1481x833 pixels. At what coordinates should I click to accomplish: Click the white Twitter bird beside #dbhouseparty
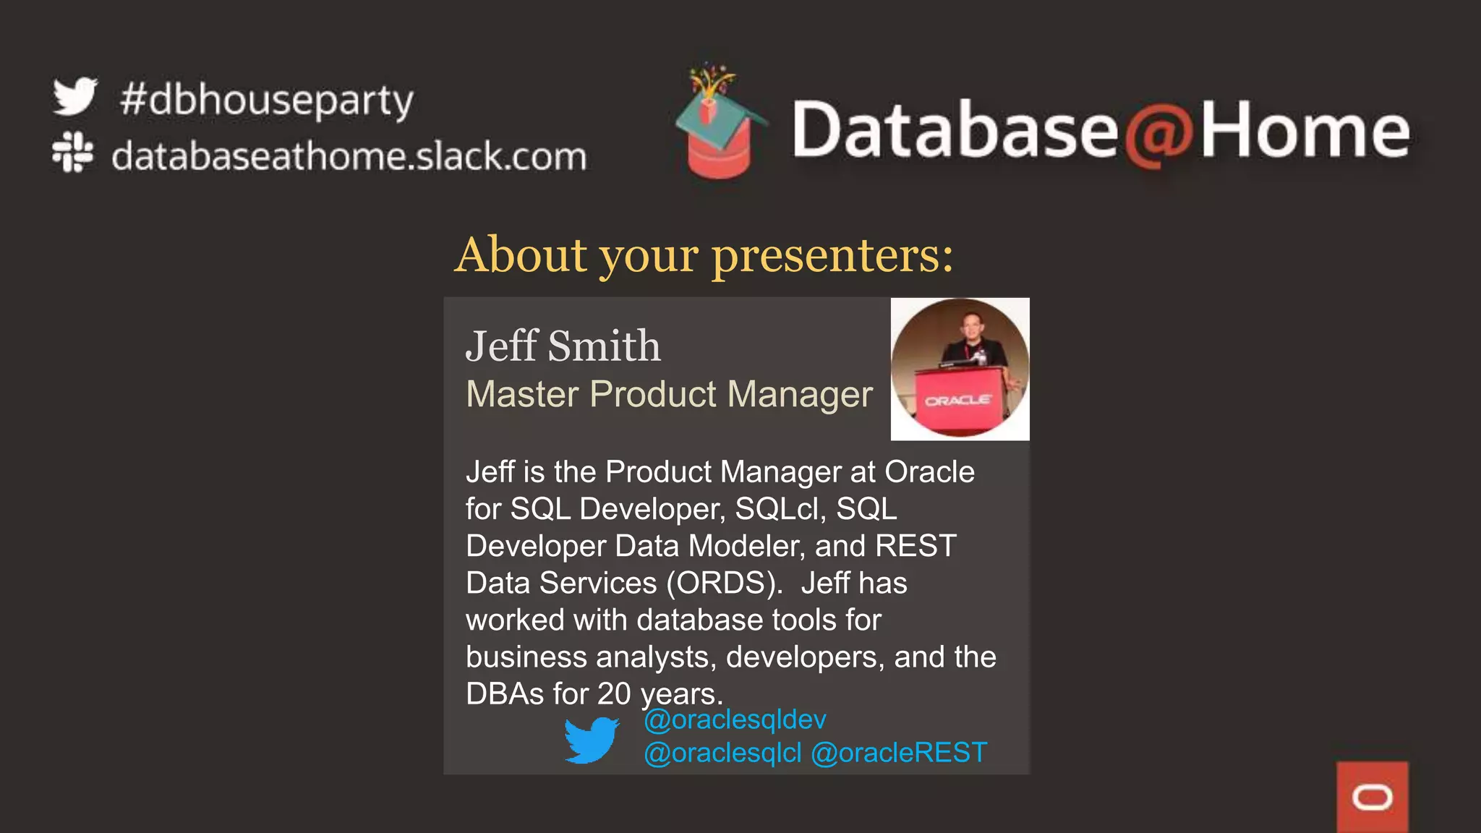pyautogui.click(x=74, y=96)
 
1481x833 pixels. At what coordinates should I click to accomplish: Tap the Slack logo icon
pyautogui.click(x=72, y=152)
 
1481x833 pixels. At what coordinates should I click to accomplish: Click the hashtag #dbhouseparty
pyautogui.click(x=266, y=100)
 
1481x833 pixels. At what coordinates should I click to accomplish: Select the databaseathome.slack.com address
pyautogui.click(x=349, y=156)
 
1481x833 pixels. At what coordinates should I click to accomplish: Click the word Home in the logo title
pyautogui.click(x=1305, y=130)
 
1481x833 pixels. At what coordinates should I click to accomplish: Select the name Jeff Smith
pyautogui.click(x=563, y=346)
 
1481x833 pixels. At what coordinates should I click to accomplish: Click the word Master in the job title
pyautogui.click(x=522, y=394)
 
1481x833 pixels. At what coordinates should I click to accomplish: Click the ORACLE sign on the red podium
pyautogui.click(x=958, y=401)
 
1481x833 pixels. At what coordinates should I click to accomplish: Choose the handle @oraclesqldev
pyautogui.click(x=735, y=719)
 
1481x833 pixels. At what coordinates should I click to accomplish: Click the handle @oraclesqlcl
pyautogui.click(x=722, y=753)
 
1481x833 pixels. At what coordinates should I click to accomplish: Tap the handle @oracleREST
pyautogui.click(x=899, y=753)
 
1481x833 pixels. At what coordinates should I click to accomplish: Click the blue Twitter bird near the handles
pyautogui.click(x=591, y=740)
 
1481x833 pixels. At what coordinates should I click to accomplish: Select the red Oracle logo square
pyautogui.click(x=1372, y=797)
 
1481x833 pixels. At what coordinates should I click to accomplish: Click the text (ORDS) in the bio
pyautogui.click(x=724, y=583)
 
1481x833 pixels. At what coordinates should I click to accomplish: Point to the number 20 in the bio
pyautogui.click(x=614, y=694)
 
